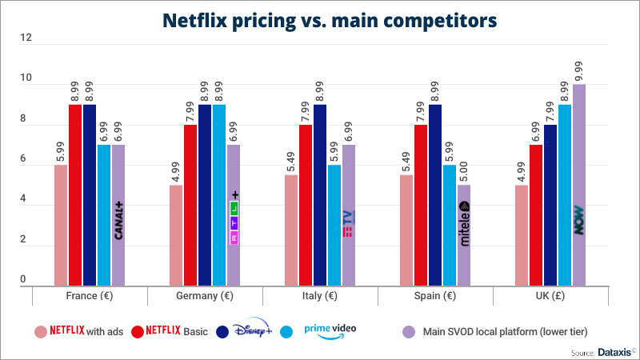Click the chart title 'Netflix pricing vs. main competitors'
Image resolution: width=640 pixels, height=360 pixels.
320,19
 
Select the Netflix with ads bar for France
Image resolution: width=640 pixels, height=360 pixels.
61,225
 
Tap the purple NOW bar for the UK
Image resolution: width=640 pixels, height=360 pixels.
579,185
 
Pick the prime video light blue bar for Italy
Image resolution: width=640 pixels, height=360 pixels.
334,225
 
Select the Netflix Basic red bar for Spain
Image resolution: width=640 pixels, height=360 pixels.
421,205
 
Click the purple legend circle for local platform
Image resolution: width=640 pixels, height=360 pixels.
409,331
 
